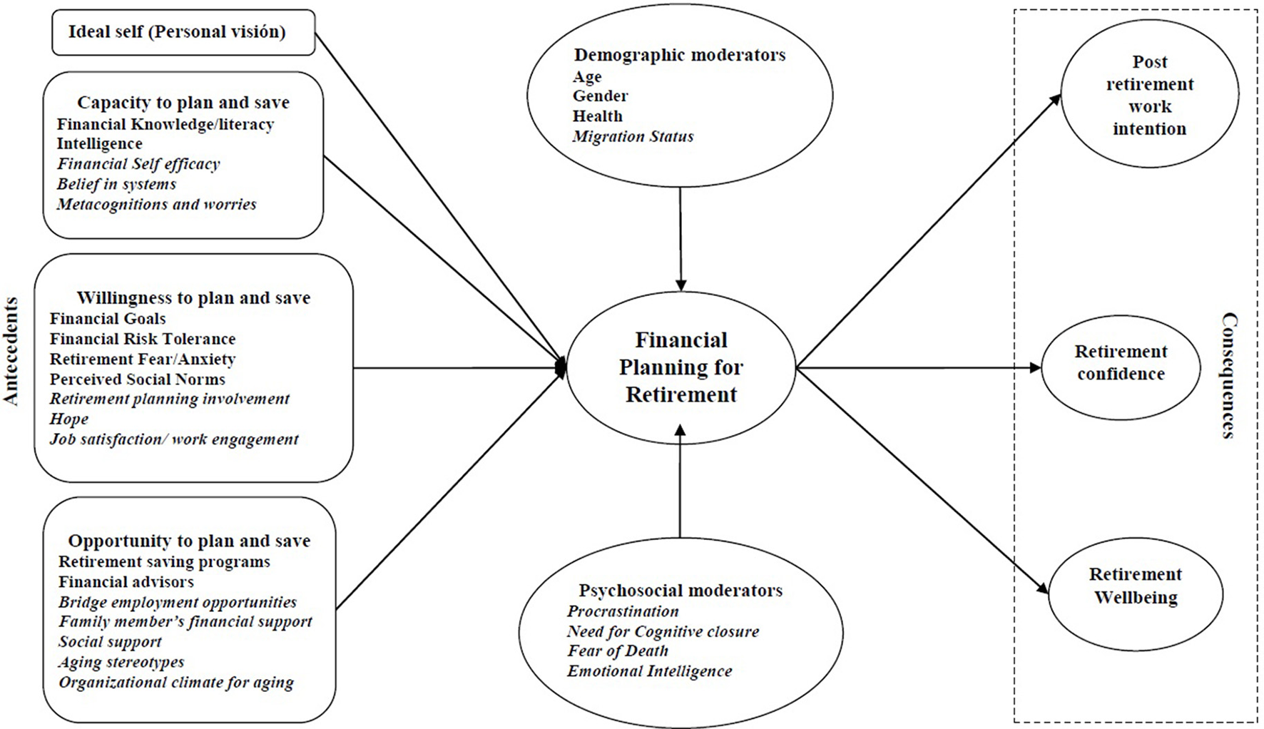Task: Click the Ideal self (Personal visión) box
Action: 183,32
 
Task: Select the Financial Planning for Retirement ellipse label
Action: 681,367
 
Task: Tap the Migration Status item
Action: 633,136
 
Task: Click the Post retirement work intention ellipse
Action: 1149,96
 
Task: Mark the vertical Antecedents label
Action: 11,351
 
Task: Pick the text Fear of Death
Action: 618,651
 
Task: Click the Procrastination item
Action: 623,611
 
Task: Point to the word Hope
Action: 69,419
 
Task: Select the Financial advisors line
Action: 126,582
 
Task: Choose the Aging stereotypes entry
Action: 121,662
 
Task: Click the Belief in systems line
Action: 116,184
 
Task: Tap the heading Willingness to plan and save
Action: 193,297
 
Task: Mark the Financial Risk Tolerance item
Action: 143,339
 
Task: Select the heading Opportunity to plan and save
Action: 189,541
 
